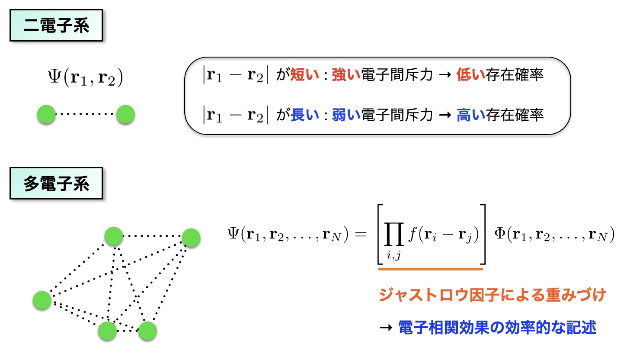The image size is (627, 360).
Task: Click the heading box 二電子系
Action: (56, 26)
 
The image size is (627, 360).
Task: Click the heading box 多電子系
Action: (56, 184)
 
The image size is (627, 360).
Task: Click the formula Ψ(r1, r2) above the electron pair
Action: (86, 79)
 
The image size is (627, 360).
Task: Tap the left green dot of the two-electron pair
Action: (46, 115)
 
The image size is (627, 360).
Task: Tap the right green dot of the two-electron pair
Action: (125, 115)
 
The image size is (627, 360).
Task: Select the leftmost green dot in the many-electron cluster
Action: (42, 300)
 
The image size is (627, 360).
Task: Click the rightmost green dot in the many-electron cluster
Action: (191, 238)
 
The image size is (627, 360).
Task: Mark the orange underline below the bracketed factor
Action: (430, 269)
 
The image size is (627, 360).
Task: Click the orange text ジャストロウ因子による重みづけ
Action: (492, 296)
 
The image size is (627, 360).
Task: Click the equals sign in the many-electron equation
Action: (361, 235)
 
